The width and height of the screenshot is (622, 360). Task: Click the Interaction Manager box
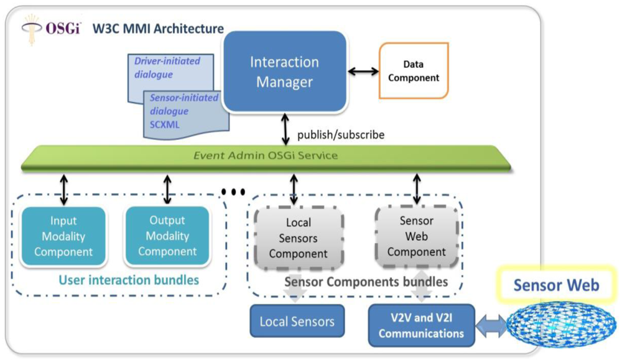click(284, 72)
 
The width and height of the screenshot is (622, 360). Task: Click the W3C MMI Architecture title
click(157, 29)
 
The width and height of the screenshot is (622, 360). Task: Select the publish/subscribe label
click(340, 134)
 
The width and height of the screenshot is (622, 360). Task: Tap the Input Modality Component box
click(63, 236)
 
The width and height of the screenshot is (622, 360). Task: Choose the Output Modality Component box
click(167, 236)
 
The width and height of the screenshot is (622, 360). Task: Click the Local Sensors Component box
click(298, 238)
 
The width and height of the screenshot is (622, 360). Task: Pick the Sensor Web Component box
click(416, 237)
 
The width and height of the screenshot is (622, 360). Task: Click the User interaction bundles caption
click(129, 280)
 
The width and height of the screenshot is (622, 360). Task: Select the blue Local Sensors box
click(297, 321)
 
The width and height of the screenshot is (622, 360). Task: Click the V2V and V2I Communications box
click(421, 325)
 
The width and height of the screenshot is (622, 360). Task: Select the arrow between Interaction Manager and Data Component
click(363, 71)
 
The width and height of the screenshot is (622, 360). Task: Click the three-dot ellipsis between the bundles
click(233, 192)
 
